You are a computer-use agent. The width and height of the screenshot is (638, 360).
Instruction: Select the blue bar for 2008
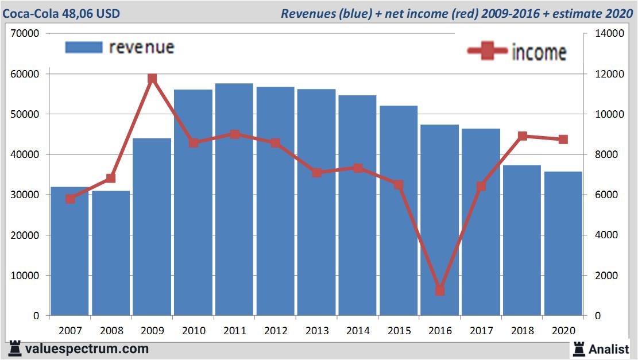111,253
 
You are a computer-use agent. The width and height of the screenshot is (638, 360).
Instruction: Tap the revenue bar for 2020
563,243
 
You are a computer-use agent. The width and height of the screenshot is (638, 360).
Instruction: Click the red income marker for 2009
152,79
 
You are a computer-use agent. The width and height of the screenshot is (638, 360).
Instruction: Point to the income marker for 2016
440,291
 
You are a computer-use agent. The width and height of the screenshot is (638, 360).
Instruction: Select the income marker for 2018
523,136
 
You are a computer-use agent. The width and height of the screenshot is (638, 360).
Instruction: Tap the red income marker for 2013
316,173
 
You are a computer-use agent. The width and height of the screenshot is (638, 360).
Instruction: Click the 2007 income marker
70,199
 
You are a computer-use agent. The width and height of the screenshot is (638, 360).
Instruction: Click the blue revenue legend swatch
84,47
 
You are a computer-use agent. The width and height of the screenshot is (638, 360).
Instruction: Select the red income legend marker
487,52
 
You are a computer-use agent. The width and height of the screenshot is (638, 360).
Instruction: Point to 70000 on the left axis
24,34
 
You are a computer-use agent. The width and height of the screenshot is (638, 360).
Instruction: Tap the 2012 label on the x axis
276,331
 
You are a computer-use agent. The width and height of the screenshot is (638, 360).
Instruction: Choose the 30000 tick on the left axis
24,195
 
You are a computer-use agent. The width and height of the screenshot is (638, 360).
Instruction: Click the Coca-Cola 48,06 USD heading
61,13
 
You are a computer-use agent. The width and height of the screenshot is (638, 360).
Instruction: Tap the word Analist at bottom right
608,349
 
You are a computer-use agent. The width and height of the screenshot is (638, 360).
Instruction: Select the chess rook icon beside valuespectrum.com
15,348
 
